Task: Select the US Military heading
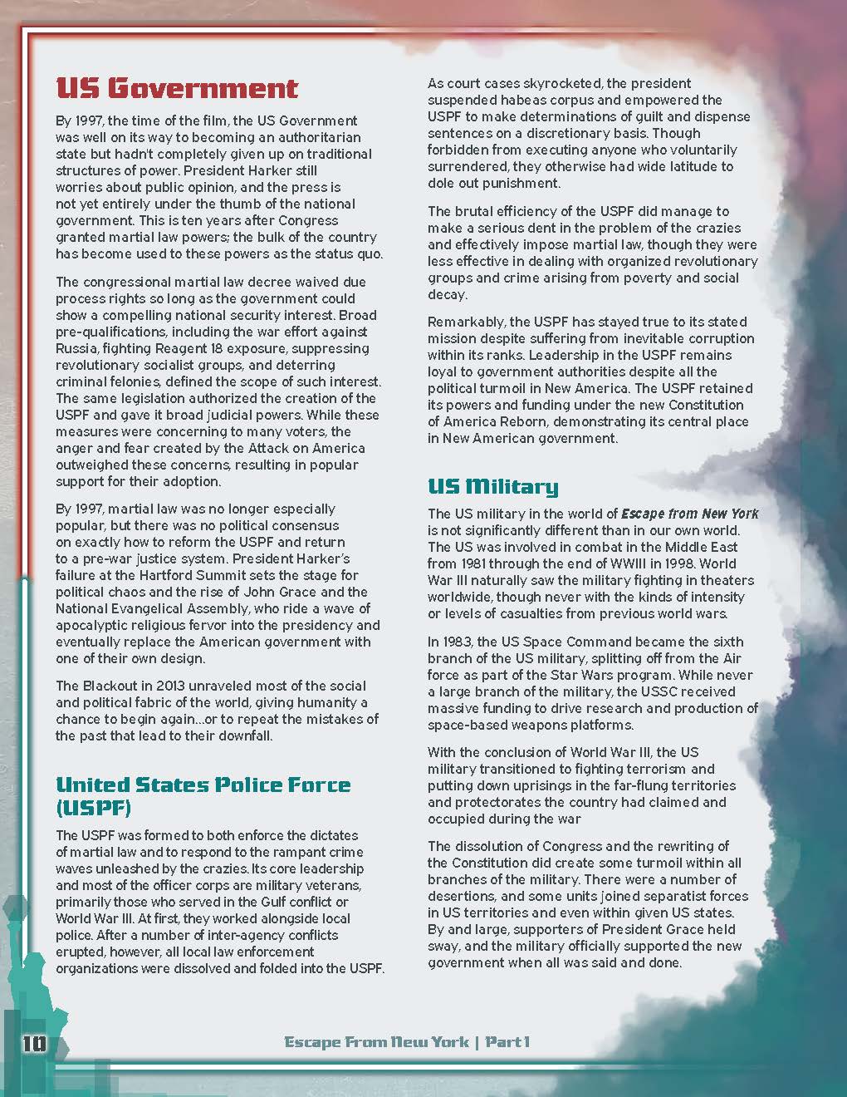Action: (492, 486)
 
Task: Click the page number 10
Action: (35, 1043)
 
